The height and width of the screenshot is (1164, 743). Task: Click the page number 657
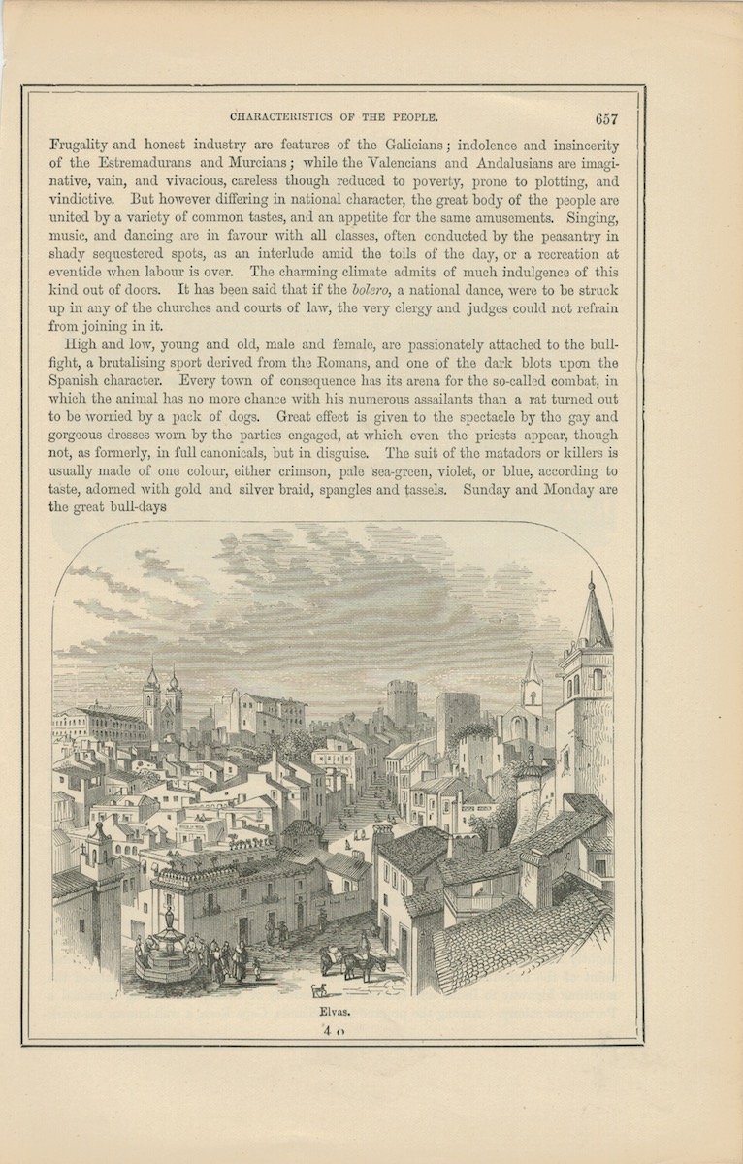607,119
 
